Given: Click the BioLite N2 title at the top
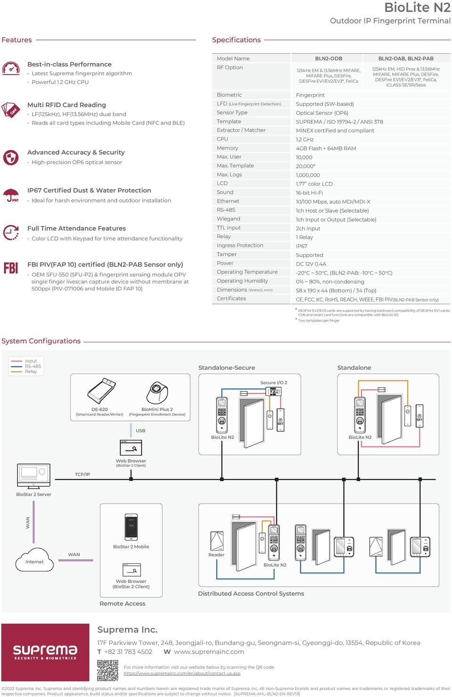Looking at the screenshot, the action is pos(417,8).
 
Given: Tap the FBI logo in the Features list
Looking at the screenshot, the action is pos(10,267).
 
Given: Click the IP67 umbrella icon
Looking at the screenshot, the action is pos(11,195).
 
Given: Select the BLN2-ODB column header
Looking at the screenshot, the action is pos(328,58).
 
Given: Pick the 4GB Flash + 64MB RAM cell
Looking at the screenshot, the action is pos(326,149).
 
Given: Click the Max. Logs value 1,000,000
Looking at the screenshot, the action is pos(308,175).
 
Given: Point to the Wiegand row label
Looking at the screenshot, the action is pos(228,219).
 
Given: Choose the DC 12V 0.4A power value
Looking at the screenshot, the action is pos(311,264).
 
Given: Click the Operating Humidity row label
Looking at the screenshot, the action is pos(242,281).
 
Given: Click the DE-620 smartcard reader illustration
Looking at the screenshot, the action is pos(101,391).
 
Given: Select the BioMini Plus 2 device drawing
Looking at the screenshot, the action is pos(157,392).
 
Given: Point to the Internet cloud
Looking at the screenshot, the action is pos(34,560).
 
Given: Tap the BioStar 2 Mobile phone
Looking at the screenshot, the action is pos(131,527).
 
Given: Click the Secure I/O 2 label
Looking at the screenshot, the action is pos(274,382).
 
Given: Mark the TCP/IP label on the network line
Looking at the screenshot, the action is pos(82,474).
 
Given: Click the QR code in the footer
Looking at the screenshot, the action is pos(107,671).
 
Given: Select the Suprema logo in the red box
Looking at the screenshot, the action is pos(45,652).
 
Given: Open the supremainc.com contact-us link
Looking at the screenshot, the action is pos(182,673).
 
